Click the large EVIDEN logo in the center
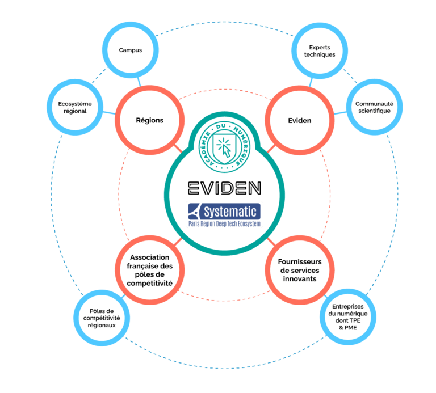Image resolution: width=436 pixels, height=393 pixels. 224,188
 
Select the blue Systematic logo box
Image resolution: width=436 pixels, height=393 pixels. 224,212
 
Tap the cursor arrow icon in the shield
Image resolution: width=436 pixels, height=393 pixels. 227,151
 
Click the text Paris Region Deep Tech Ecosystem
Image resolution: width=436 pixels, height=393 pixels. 224,223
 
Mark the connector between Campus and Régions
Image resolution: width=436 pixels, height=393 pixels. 139,82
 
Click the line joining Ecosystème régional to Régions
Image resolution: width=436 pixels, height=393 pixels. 109,113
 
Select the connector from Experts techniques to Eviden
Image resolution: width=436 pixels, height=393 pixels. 311,82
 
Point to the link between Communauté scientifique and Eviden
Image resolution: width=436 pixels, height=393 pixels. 340,113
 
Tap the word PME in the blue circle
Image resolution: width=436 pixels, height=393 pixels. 351,328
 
